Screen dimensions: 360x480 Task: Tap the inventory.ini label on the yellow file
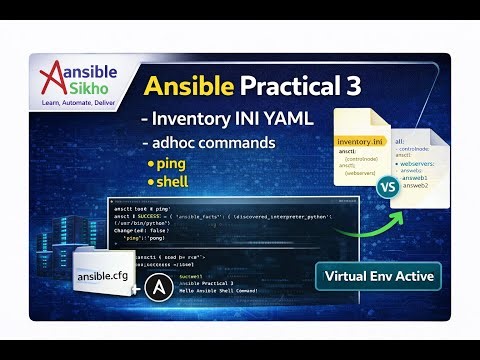pyautogui.click(x=361, y=142)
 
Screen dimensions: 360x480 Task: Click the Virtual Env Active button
pyautogui.click(x=373, y=276)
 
